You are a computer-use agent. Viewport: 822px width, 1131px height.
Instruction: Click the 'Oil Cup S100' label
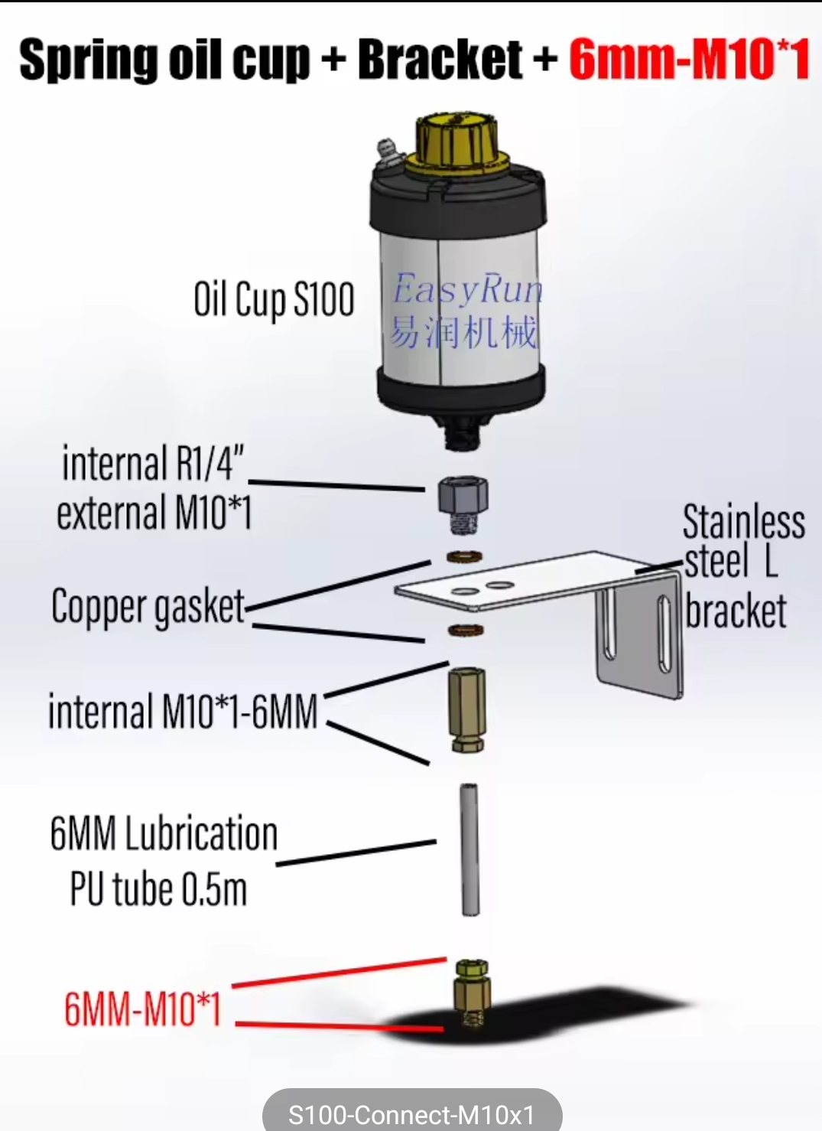point(274,299)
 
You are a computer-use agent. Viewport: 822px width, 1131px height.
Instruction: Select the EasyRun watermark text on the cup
point(467,290)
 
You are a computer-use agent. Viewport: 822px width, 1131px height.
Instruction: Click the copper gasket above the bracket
point(463,555)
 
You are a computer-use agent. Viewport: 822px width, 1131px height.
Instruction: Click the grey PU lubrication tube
point(469,849)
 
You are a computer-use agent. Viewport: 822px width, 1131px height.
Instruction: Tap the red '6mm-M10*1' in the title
point(688,59)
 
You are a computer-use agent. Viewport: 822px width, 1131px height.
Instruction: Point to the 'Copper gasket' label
point(148,607)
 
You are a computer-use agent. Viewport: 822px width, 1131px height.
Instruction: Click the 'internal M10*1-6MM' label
point(183,712)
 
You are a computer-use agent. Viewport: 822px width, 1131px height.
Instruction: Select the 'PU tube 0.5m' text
point(158,889)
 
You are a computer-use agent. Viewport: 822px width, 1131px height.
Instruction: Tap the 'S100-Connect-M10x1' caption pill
point(411,1113)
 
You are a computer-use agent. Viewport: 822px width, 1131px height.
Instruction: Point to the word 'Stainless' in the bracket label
point(743,522)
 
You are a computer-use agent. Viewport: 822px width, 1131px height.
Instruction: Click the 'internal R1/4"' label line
point(153,463)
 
